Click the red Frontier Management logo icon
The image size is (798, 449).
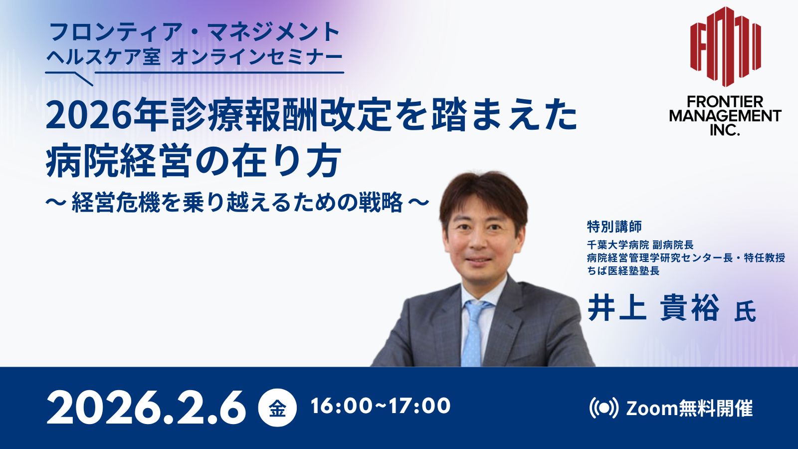(x=725, y=47)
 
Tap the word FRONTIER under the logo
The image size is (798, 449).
(x=725, y=102)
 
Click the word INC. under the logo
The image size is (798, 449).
(x=725, y=129)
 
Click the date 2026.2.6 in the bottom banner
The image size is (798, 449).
(x=146, y=407)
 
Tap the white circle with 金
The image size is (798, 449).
(x=277, y=408)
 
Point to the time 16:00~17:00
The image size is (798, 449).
(x=381, y=406)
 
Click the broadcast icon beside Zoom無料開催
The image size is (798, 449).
(x=604, y=408)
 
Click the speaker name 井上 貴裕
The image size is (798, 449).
(x=653, y=309)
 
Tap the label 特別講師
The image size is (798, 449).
(x=614, y=226)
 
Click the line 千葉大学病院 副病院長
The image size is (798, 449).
(x=640, y=245)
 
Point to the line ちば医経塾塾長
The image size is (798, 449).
(x=623, y=271)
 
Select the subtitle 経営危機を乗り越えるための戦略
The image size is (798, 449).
(x=237, y=203)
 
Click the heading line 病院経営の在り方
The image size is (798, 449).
(x=192, y=162)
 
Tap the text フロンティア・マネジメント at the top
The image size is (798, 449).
(x=194, y=32)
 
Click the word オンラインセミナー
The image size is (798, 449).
(x=257, y=57)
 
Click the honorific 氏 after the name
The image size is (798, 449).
(x=745, y=312)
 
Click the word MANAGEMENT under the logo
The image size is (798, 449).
(x=725, y=116)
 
